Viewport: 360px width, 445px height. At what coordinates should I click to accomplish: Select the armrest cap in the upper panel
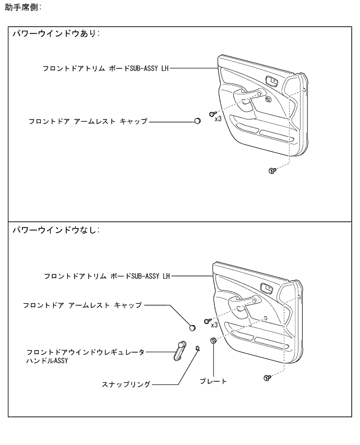[x=197, y=121]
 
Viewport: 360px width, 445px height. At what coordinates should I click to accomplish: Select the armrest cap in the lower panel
[x=192, y=328]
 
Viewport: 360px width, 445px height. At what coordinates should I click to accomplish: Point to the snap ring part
[x=197, y=347]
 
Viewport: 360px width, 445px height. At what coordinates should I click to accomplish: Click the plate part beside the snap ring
[x=213, y=341]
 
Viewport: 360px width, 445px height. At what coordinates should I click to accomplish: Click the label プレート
[x=213, y=381]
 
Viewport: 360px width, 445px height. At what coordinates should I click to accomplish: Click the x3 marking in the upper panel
[x=219, y=119]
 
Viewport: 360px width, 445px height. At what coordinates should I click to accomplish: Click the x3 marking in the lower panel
[x=214, y=324]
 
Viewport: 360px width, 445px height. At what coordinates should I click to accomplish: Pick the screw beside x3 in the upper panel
[x=212, y=113]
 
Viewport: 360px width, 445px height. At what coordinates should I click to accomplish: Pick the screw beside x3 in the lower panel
[x=207, y=319]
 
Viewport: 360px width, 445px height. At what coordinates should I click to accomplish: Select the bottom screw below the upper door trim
[x=272, y=170]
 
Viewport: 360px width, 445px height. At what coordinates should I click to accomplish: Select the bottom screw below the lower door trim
[x=267, y=376]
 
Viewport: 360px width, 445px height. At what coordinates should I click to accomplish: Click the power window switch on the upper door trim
[x=272, y=80]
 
